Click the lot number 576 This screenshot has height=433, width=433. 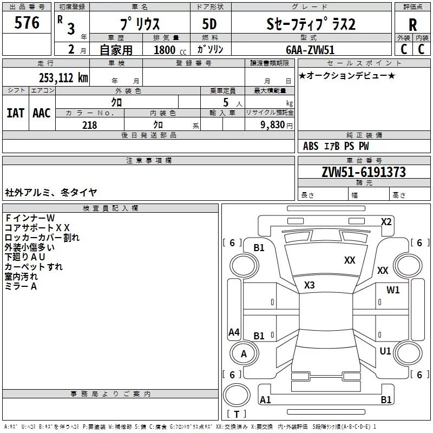28,23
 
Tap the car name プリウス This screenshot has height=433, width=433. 139,24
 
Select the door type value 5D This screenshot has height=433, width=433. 209,24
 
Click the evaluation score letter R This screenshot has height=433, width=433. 412,24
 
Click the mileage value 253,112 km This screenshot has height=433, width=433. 63,77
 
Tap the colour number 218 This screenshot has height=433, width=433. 89,125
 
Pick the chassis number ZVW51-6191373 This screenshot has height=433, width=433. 364,172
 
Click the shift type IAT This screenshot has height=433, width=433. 15,113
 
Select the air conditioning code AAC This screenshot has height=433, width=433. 41,113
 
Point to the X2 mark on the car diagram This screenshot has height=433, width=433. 386,221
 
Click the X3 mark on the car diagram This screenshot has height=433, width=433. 310,285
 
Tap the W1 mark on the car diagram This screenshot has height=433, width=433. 393,290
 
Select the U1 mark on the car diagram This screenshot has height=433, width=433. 385,351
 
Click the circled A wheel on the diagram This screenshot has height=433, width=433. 244,354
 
